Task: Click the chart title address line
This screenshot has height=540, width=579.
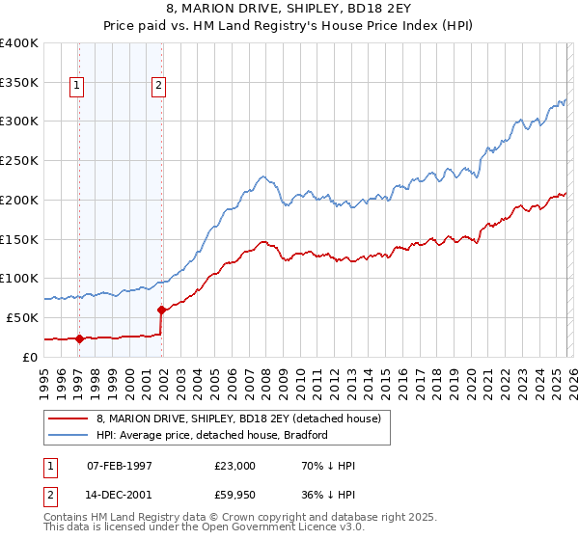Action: [x=289, y=9]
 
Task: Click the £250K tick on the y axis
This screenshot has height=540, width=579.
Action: [x=19, y=161]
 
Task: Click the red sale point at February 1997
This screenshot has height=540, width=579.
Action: [x=79, y=338]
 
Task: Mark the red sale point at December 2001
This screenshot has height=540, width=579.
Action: [x=161, y=310]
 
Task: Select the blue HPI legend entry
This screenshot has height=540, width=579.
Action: [x=212, y=435]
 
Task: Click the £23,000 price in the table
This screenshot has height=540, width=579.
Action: [x=235, y=466]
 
